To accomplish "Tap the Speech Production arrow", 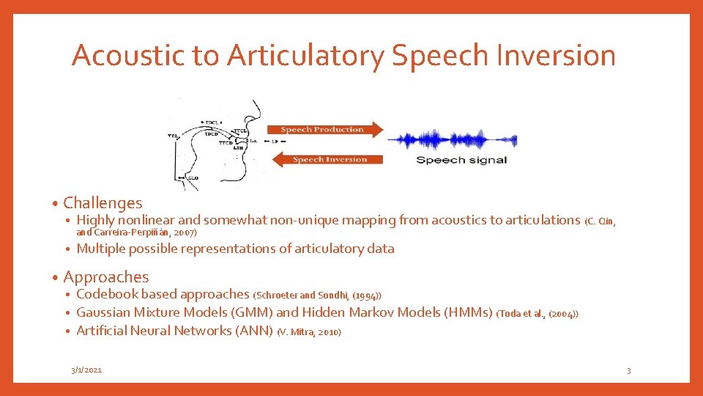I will [324, 130].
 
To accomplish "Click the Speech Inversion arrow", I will [324, 159].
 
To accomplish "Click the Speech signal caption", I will [461, 160].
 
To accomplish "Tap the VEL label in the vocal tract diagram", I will [173, 136].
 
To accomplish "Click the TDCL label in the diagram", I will [212, 122].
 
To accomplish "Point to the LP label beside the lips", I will [274, 141].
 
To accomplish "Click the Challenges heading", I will [103, 202].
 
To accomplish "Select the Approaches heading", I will [105, 276].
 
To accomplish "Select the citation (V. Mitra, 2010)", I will [309, 331].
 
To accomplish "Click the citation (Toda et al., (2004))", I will [538, 314].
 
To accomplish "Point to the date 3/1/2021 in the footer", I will [86, 370].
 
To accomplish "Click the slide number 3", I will [628, 371].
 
